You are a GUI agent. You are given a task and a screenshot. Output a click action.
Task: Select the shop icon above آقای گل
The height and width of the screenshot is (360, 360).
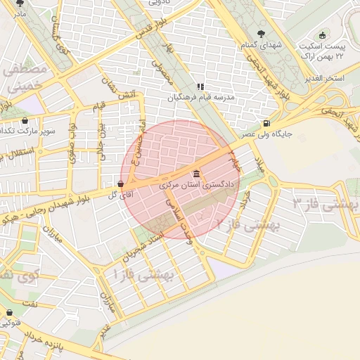tap(122, 185)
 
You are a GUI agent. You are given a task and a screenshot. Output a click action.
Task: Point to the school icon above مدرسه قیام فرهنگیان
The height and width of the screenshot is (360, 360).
tap(200, 86)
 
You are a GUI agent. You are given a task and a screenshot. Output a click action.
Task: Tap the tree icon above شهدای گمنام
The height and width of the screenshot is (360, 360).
tap(262, 34)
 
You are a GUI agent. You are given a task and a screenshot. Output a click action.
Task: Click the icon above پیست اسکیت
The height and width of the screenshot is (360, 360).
tap(323, 36)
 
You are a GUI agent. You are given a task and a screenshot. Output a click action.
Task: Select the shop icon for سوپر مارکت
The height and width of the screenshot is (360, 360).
tap(25, 121)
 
